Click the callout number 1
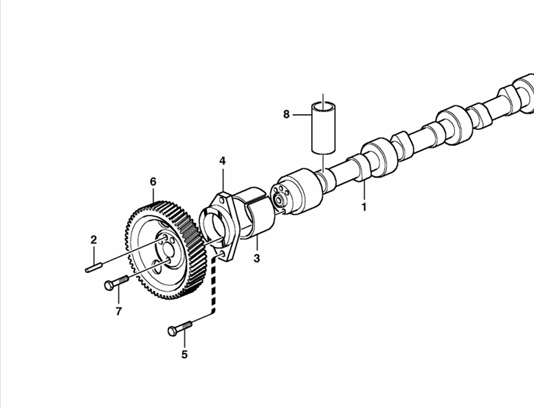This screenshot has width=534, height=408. (x=364, y=207)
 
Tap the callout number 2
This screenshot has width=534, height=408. (x=93, y=240)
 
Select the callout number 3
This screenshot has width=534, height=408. (x=257, y=259)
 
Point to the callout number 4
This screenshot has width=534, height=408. (x=223, y=161)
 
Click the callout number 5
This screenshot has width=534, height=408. (x=184, y=354)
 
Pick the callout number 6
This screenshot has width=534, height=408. (x=153, y=182)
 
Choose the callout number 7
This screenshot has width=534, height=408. (x=118, y=311)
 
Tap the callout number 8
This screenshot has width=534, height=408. (x=287, y=114)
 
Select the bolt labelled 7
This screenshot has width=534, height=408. (x=116, y=283)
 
